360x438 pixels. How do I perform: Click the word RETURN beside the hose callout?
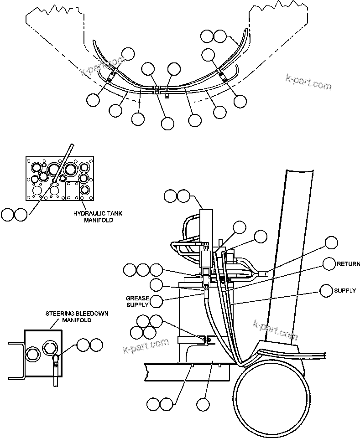click(x=348, y=264)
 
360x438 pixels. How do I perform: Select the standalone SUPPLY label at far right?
click(x=345, y=290)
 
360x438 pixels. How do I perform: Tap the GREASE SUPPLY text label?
click(x=137, y=301)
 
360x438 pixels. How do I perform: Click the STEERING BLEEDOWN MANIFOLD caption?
click(x=68, y=317)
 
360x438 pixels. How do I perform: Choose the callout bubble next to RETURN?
click(x=329, y=264)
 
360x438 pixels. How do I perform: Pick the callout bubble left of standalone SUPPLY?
click(x=326, y=290)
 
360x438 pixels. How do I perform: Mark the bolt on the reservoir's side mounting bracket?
click(x=207, y=339)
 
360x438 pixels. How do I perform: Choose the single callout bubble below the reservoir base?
click(x=203, y=403)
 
